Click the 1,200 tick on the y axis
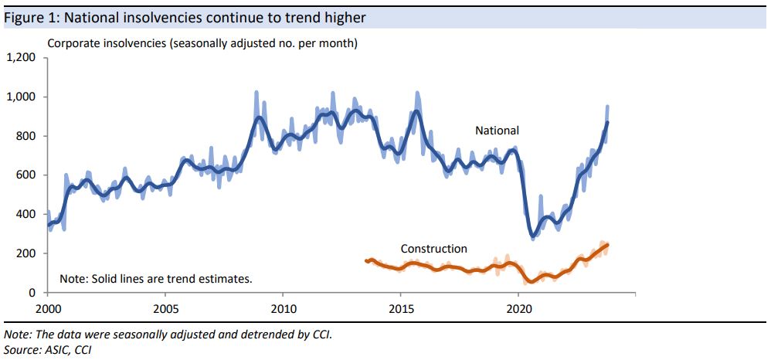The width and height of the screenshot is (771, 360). coord(22,58)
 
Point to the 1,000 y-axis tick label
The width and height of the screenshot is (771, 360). coord(22,97)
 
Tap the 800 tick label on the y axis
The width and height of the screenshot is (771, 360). coord(27,136)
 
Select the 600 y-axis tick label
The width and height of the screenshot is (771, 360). coord(27,175)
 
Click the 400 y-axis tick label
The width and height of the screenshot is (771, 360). coord(27,215)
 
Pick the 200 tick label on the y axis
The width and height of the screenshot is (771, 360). coord(27,253)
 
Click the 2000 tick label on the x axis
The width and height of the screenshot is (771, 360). coord(48,306)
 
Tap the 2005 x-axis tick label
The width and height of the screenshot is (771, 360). coord(165,306)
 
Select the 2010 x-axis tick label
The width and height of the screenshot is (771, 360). coord(283,306)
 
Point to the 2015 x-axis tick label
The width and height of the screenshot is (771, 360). coord(400,306)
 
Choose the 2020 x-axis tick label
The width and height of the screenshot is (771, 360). coord(518,306)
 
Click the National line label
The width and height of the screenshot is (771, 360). coord(497,131)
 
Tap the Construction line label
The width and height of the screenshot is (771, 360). coord(433,249)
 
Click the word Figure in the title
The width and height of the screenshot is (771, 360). coord(23,17)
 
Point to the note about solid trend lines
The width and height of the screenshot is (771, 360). coord(156,278)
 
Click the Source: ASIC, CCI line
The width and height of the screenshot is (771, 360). coord(48,349)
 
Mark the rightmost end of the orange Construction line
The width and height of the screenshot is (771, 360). coord(607,245)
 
